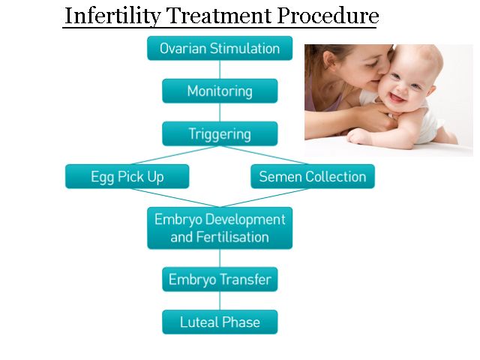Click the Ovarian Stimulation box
tap(220, 48)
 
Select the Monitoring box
tap(220, 91)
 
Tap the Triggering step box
tap(220, 133)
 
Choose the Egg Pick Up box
tap(127, 176)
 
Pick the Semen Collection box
tap(313, 176)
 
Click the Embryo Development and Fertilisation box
tap(220, 228)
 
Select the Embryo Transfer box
tap(220, 279)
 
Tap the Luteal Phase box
tap(220, 322)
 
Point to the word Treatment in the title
tap(219, 15)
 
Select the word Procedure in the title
tap(328, 15)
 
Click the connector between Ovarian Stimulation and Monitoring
tap(220, 70)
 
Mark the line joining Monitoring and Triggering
tap(220, 112)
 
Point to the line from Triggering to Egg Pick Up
tap(175, 155)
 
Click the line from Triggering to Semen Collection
tap(265, 155)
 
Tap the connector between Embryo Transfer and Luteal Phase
tap(220, 301)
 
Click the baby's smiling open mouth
tap(397, 98)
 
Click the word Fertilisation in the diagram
tap(232, 237)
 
